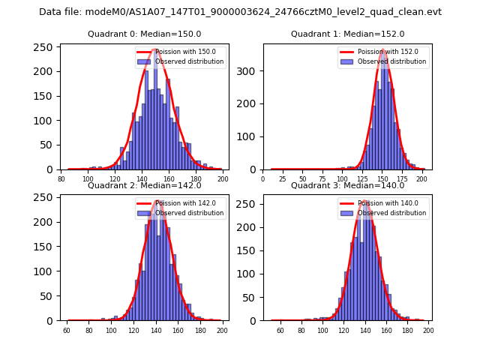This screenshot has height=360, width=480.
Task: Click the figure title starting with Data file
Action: coord(240,12)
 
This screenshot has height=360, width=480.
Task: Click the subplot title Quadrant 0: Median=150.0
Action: coord(144,34)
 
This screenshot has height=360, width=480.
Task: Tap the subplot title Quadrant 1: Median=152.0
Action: coord(347,34)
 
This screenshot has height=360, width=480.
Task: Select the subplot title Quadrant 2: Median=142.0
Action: coord(144,185)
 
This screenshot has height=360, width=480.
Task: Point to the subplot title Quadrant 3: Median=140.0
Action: coord(347,185)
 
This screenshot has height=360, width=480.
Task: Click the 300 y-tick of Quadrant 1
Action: coord(247,71)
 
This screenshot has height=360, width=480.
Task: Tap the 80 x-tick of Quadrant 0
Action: coord(61,179)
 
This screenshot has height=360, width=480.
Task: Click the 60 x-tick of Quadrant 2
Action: coord(67,330)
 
